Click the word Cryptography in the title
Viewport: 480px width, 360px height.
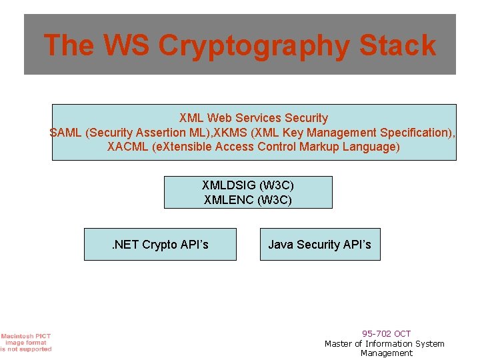pos(255,46)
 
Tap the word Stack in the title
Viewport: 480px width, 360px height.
pos(397,45)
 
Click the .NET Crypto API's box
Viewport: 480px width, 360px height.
pos(160,245)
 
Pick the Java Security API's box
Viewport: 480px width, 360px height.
pos(320,245)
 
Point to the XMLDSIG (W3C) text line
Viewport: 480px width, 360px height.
pos(248,185)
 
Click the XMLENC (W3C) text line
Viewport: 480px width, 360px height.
pos(248,199)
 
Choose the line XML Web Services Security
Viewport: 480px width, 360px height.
pos(253,118)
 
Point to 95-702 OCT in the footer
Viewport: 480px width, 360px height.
pos(387,333)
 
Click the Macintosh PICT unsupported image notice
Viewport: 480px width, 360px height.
pos(25,342)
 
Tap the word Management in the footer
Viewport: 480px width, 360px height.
pos(387,353)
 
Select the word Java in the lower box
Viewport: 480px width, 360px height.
pos(281,245)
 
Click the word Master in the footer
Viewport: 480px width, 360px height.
pos(339,343)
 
